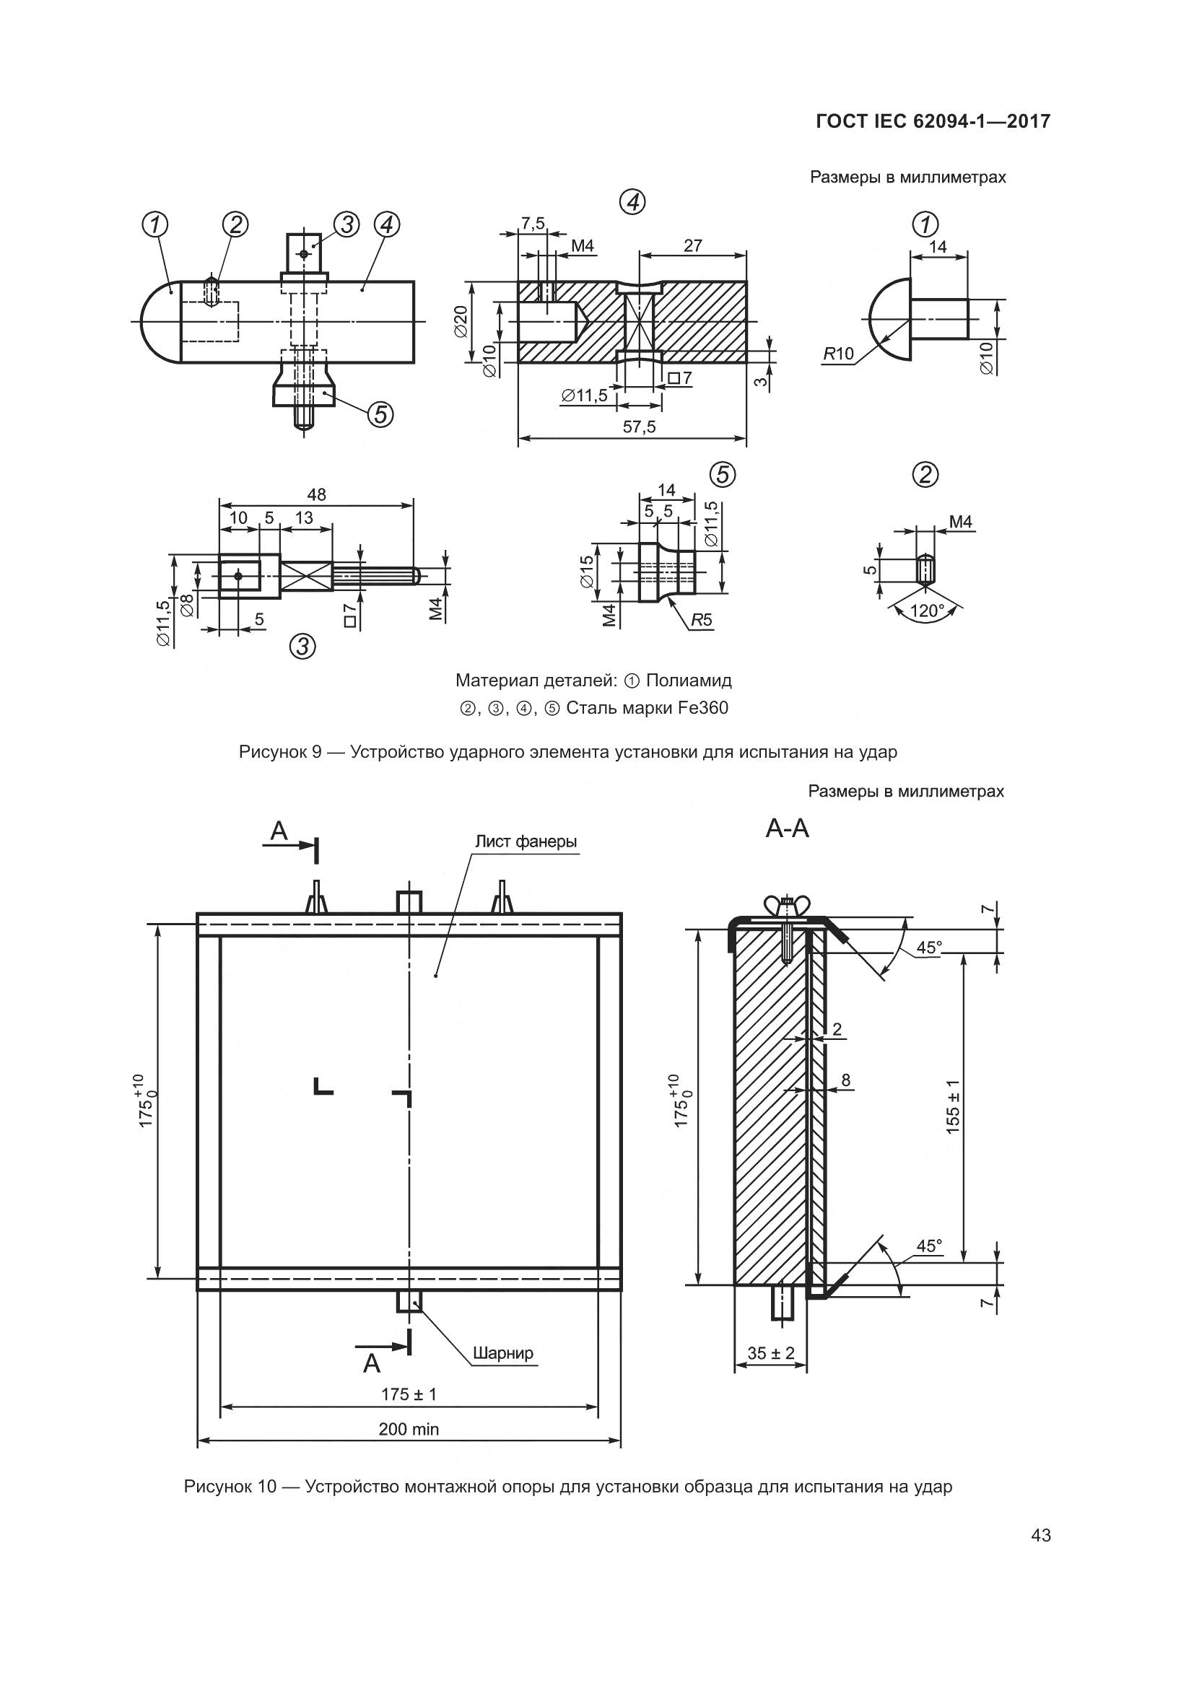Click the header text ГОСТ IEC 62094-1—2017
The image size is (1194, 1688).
pos(932,121)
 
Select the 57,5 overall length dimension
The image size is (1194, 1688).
pos(639,427)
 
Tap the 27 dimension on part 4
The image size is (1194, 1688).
pos(692,245)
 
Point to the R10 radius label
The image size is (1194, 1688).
pos(838,354)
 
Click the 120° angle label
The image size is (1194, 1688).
pos(926,611)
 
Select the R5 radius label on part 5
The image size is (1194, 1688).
pos(702,620)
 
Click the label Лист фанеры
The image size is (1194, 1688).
pos(526,841)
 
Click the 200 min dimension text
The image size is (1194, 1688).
pos(409,1428)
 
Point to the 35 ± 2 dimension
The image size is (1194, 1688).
pos(770,1352)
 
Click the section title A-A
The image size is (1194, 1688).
pos(787,829)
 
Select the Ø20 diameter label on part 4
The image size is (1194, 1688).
pos(461,321)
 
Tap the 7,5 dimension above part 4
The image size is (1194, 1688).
pos(532,224)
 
